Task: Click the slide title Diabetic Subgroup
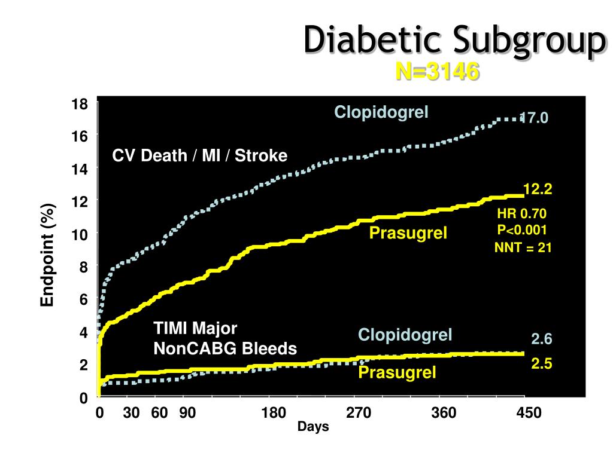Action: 453,41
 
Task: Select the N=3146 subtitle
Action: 437,72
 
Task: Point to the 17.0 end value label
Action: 534,118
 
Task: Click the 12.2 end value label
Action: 538,190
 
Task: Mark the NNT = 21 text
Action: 522,247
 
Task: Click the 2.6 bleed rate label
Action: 541,339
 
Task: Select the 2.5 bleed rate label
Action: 541,364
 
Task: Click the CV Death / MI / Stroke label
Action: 200,156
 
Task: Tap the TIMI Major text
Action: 196,329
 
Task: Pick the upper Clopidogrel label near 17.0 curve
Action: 381,112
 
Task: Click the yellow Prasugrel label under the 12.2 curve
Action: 408,232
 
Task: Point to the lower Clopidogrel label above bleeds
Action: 405,335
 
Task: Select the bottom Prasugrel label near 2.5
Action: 397,373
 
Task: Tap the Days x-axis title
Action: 314,427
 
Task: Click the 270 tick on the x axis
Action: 358,413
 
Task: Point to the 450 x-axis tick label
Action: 529,413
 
